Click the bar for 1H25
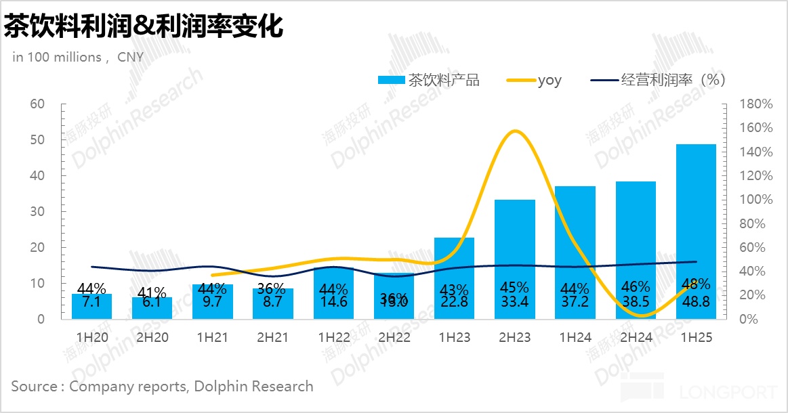click(x=696, y=230)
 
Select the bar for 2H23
click(x=515, y=257)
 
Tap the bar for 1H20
click(x=91, y=306)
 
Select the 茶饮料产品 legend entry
click(x=428, y=80)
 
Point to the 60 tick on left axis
click(x=37, y=104)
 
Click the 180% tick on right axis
click(x=756, y=104)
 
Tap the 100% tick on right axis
click(x=756, y=200)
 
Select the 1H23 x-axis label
click(x=454, y=337)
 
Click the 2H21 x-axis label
click(x=272, y=337)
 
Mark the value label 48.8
click(x=696, y=302)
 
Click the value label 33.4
click(x=515, y=302)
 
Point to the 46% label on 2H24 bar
click(x=636, y=287)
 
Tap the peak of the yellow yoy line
click(x=515, y=131)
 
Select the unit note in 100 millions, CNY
click(x=78, y=57)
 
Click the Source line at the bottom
click(x=162, y=387)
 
